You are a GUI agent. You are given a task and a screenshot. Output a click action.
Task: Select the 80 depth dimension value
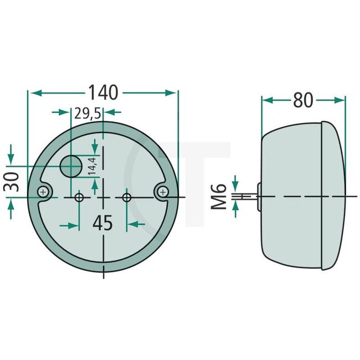click(x=303, y=100)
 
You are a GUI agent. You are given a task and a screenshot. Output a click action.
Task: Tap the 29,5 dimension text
click(x=88, y=114)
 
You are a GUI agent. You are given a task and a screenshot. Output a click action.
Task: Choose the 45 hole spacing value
click(x=102, y=223)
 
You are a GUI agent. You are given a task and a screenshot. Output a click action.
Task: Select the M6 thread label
click(x=220, y=197)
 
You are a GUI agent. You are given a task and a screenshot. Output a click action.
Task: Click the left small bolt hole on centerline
click(x=80, y=197)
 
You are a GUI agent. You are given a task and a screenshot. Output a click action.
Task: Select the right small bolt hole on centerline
click(x=127, y=197)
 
